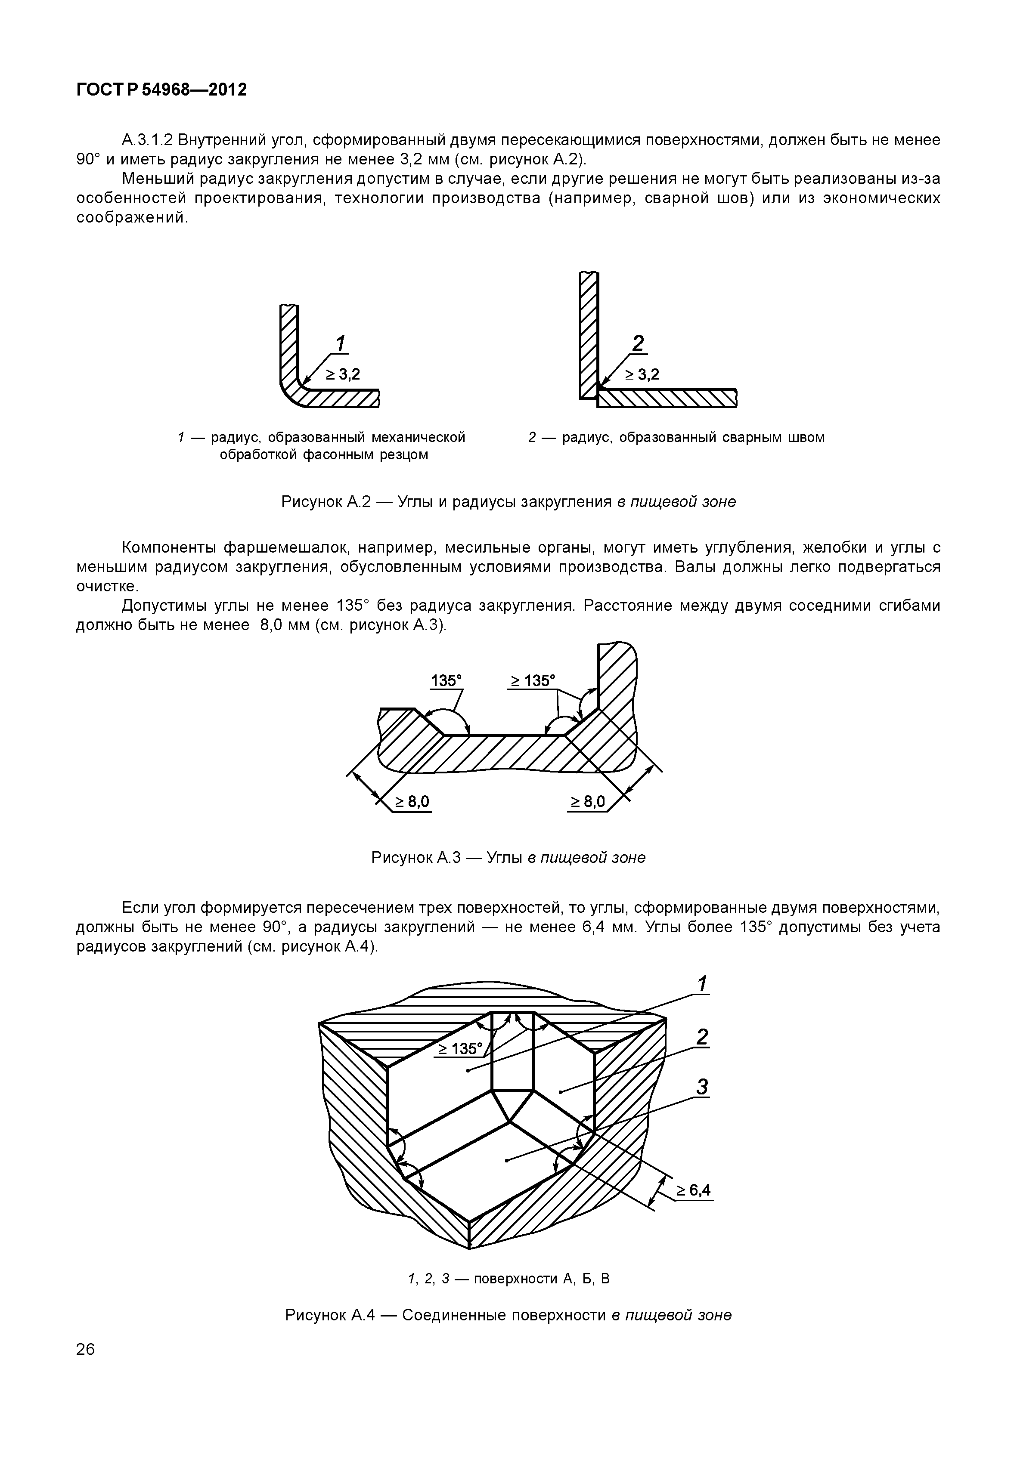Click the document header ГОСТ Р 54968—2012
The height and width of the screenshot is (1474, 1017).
161,90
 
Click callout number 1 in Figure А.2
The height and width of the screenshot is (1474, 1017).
341,343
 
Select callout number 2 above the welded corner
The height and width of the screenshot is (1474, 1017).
637,343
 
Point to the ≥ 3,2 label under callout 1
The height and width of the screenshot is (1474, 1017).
344,374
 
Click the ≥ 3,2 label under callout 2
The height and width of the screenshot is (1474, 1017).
642,374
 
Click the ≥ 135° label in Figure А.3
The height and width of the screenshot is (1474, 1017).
533,680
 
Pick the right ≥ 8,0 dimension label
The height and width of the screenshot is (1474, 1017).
588,801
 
